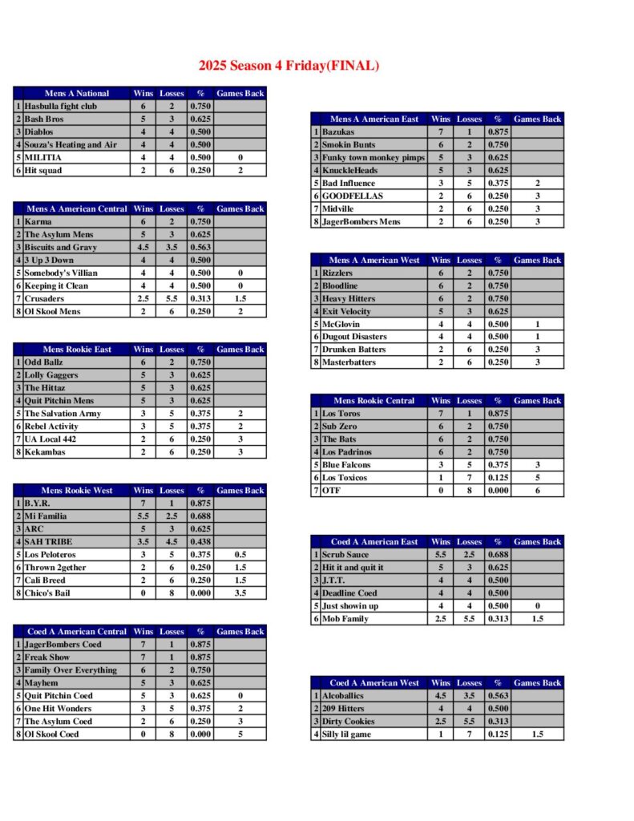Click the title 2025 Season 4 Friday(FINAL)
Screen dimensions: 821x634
tap(289, 66)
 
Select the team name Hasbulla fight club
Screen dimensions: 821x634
tap(61, 106)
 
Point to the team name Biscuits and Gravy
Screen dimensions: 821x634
tap(61, 247)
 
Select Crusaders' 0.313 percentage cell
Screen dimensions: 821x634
tap(200, 298)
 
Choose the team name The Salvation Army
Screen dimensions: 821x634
tap(63, 414)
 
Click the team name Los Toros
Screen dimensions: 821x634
tap(341, 414)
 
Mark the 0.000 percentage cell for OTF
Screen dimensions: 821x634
tap(498, 491)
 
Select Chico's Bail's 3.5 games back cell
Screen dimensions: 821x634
tap(240, 593)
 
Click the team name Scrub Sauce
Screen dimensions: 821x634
tap(345, 555)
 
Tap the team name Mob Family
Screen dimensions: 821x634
tap(345, 619)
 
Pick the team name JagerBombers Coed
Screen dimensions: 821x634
tap(63, 645)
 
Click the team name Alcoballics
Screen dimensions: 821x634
tap(344, 696)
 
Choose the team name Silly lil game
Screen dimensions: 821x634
tap(349, 734)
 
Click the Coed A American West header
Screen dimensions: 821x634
tap(374, 683)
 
